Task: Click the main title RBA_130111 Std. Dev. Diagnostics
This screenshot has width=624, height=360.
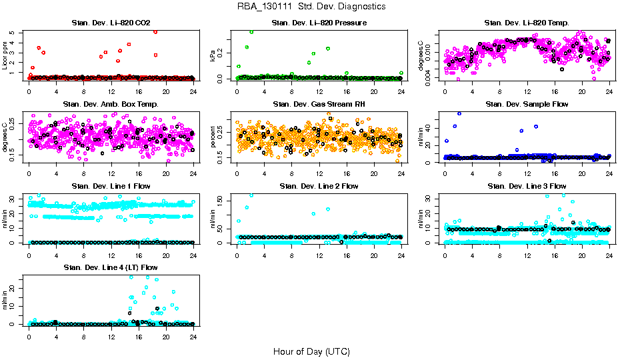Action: (x=311, y=7)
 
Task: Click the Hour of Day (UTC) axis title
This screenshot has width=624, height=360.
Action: (x=311, y=351)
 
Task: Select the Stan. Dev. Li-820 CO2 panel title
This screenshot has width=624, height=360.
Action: (x=111, y=23)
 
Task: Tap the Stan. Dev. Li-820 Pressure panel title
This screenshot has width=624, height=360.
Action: (x=319, y=23)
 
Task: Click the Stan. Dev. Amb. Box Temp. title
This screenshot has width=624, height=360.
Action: (x=111, y=105)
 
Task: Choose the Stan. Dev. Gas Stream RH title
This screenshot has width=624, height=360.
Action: (x=319, y=105)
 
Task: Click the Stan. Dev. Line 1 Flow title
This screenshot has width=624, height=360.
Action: (x=111, y=186)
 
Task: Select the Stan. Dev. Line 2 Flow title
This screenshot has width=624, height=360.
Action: (x=319, y=186)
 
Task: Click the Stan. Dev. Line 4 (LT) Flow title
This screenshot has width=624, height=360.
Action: (x=111, y=267)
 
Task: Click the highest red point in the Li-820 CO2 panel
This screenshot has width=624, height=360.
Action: (x=155, y=31)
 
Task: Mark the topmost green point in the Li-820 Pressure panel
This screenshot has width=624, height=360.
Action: (x=251, y=32)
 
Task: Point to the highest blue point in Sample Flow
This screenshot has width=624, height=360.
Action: (x=459, y=113)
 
